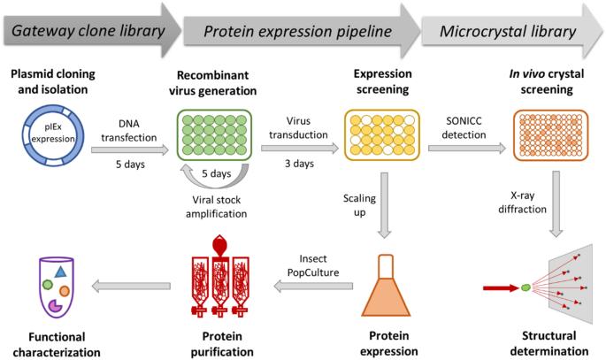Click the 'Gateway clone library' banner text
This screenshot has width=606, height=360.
[x=88, y=31]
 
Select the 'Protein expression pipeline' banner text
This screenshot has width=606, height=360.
[x=297, y=32]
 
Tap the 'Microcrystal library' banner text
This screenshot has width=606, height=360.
[x=508, y=32]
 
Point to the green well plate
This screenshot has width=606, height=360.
[x=214, y=134]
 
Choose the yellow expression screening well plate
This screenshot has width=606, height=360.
[x=382, y=134]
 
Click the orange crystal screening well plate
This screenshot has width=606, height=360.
[x=550, y=134]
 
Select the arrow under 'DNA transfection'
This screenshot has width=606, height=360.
[x=130, y=149]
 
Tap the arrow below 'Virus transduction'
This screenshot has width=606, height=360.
[x=300, y=148]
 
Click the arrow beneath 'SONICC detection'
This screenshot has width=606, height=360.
[x=467, y=148]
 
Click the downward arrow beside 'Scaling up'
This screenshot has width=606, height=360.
[x=384, y=205]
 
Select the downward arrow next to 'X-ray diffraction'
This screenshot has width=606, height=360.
[x=556, y=204]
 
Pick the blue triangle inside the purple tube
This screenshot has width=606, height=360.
[x=61, y=272]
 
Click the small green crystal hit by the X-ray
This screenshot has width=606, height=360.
[x=525, y=287]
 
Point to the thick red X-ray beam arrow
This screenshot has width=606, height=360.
[x=501, y=287]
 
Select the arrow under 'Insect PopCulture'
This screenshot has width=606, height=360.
[x=313, y=287]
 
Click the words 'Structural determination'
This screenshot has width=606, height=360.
[x=548, y=343]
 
